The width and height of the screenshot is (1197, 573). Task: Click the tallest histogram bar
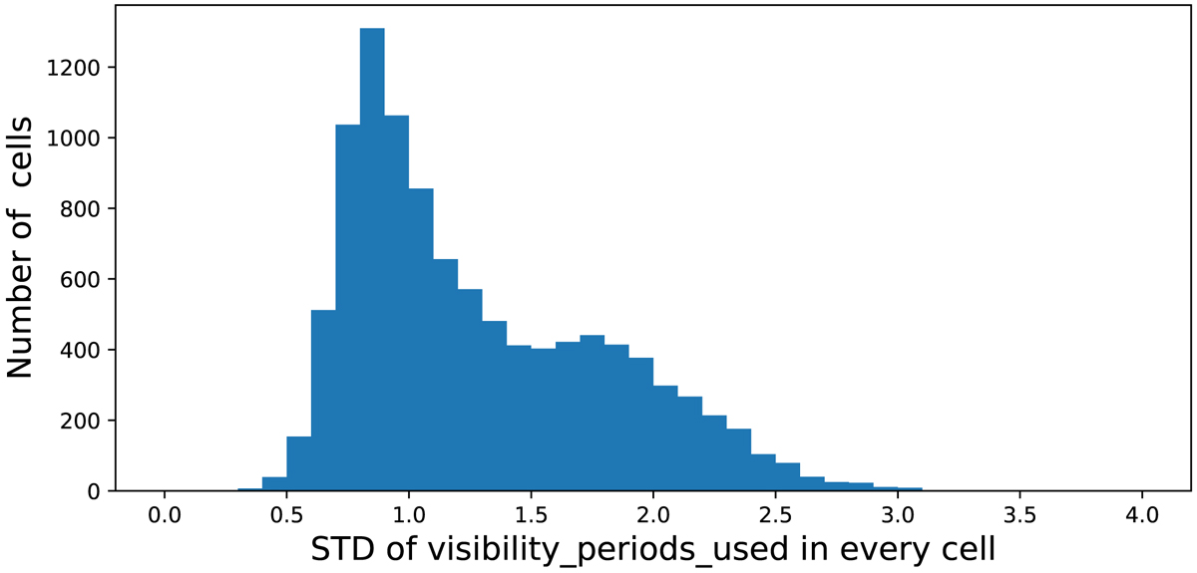click(x=372, y=259)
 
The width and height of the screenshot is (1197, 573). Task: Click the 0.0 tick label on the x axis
click(x=164, y=516)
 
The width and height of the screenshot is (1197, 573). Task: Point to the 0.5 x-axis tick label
click(x=286, y=516)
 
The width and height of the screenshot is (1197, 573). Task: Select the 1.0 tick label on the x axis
click(x=409, y=516)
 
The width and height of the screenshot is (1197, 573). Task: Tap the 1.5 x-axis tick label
click(x=531, y=516)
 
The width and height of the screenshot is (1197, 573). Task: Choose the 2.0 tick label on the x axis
click(x=653, y=516)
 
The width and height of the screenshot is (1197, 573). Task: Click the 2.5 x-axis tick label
click(x=775, y=516)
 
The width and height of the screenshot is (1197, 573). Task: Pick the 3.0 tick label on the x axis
click(x=898, y=516)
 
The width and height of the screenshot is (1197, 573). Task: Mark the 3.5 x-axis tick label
click(x=1020, y=516)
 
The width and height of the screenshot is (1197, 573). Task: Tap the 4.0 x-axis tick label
click(x=1142, y=516)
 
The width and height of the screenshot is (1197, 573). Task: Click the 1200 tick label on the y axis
click(x=73, y=68)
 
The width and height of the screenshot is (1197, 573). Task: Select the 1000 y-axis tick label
click(x=73, y=139)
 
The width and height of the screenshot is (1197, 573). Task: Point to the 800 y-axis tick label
click(x=80, y=209)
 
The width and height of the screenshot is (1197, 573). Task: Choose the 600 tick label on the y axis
click(x=80, y=279)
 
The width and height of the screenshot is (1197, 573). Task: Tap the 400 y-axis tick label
click(x=80, y=351)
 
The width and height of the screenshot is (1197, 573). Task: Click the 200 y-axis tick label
click(x=80, y=421)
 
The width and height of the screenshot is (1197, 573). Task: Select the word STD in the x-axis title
click(x=342, y=549)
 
